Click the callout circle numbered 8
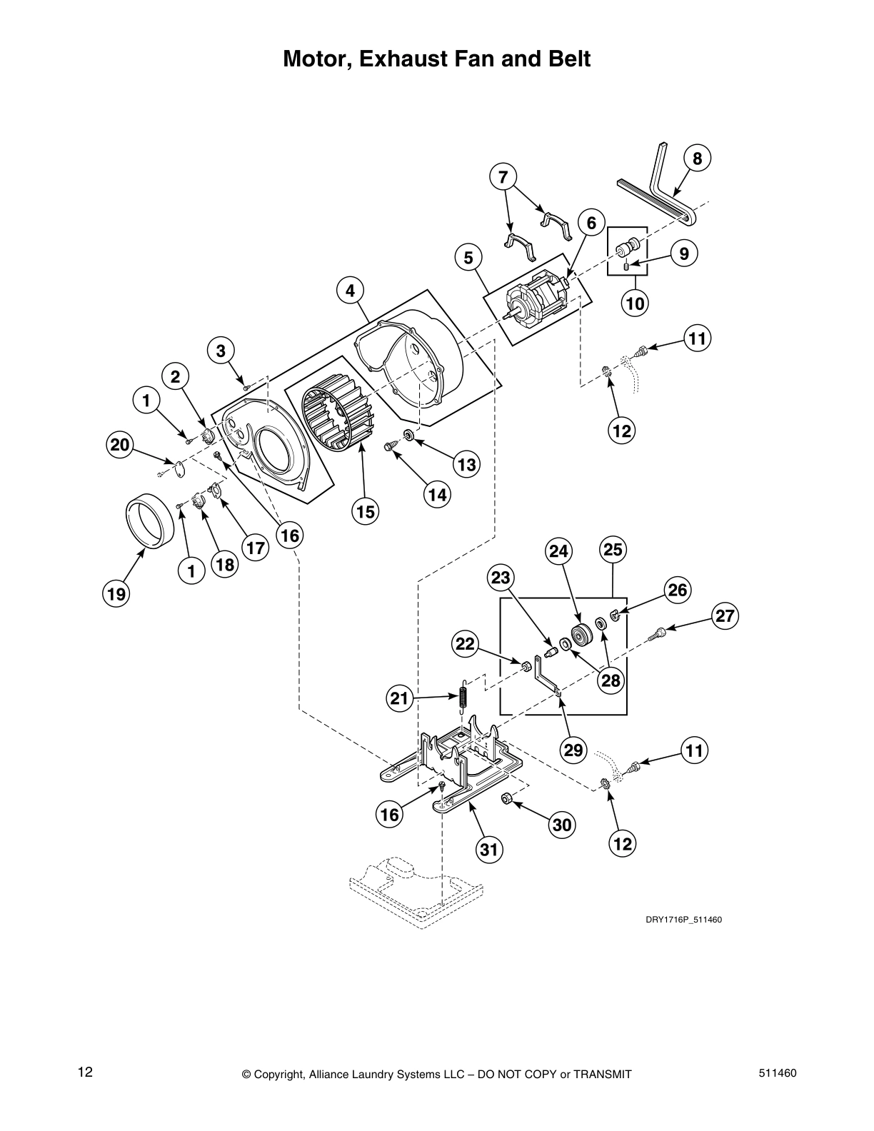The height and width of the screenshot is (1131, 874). [697, 159]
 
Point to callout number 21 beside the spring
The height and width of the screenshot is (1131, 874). [400, 698]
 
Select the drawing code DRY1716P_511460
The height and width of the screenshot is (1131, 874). [684, 919]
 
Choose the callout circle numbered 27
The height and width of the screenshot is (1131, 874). [724, 616]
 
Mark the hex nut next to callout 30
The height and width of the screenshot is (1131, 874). [506, 798]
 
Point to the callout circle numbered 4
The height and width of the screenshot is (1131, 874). [350, 291]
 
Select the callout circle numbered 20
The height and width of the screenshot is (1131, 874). [121, 445]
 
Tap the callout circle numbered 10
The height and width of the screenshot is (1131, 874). [635, 303]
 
